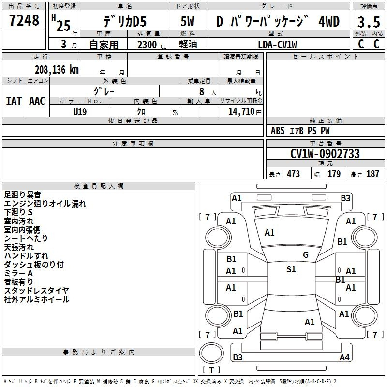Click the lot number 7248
(x=24, y=20)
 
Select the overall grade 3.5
(x=369, y=22)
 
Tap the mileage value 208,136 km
(x=57, y=70)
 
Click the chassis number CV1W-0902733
(x=325, y=154)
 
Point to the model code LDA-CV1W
(x=277, y=45)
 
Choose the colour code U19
(x=80, y=112)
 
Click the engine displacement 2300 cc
(x=152, y=45)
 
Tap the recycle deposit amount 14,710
(x=241, y=112)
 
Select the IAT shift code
(x=14, y=101)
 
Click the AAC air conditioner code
(x=37, y=101)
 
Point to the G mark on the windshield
(x=306, y=254)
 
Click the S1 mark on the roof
(x=291, y=269)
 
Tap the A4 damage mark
(x=344, y=357)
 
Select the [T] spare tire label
(x=211, y=370)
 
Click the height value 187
(x=372, y=174)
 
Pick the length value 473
(x=294, y=174)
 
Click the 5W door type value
(x=187, y=21)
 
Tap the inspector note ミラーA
(x=18, y=273)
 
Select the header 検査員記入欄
(x=99, y=186)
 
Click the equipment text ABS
(x=278, y=131)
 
